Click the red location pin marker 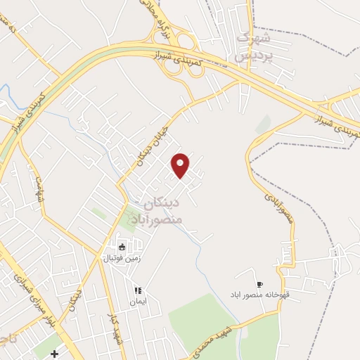coord(181,165)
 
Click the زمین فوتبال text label coord(122,258)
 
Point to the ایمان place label coord(136,302)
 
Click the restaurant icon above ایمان coord(138,290)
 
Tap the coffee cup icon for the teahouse coord(259,284)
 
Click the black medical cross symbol coord(54,353)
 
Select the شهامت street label coord(39,191)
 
